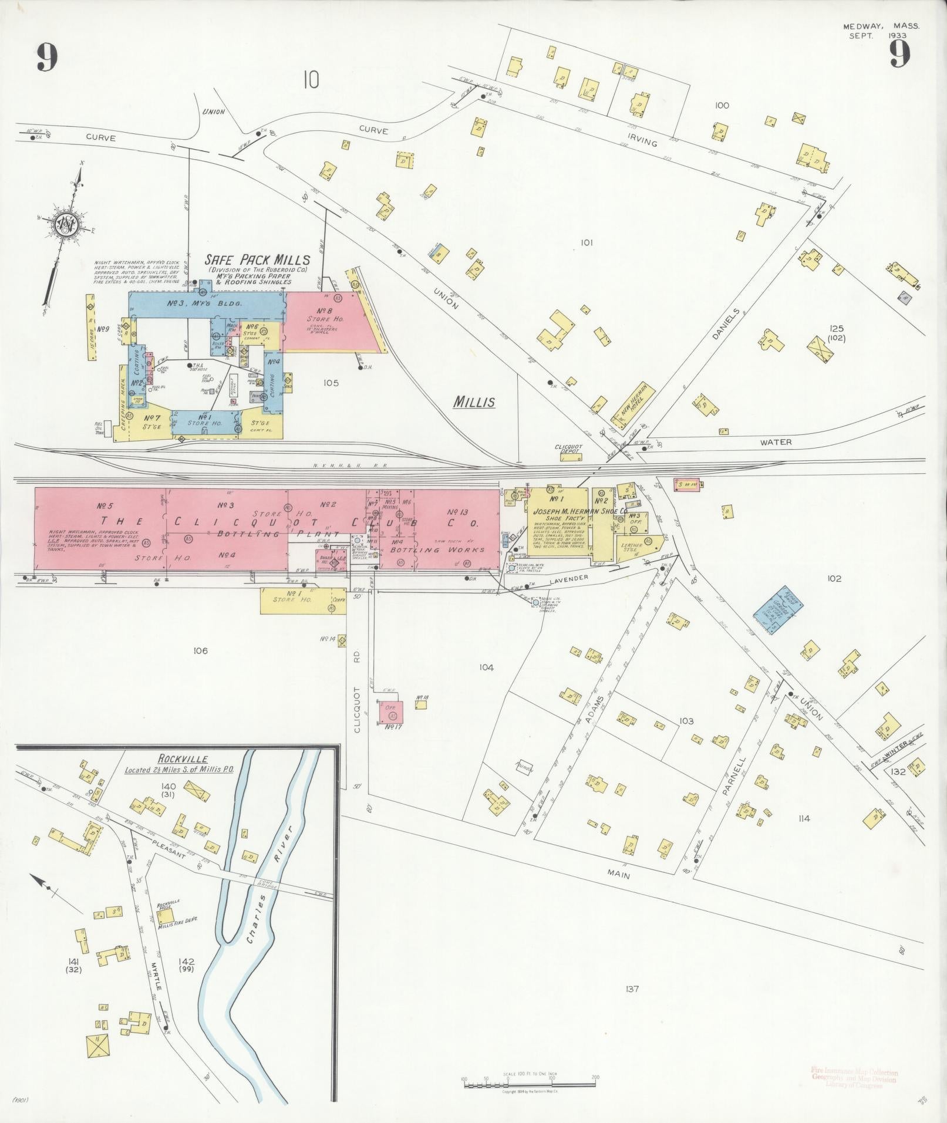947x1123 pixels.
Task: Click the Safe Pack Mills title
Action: coord(257,259)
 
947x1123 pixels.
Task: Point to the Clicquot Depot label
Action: coord(568,449)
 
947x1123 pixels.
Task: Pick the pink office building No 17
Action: coord(391,711)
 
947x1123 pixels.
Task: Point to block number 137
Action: coord(632,989)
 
